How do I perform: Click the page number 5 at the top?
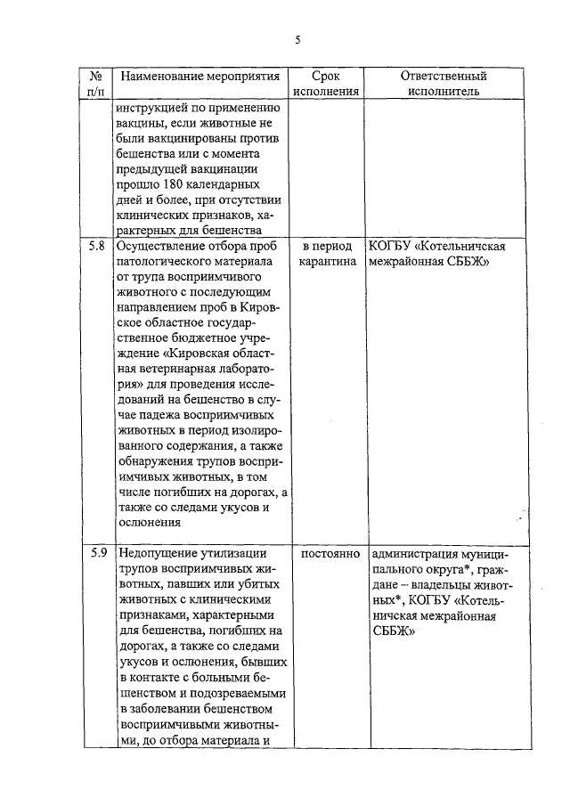(297, 39)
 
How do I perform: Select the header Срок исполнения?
(327, 83)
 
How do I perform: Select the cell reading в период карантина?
(327, 253)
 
